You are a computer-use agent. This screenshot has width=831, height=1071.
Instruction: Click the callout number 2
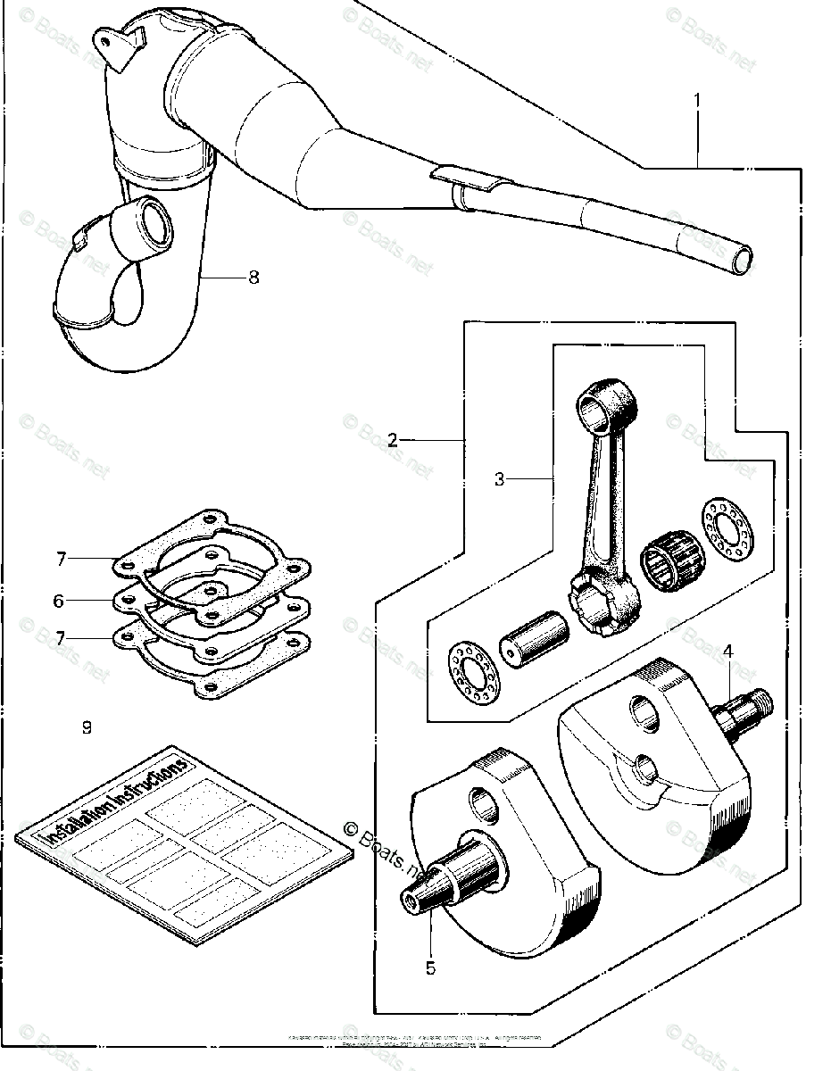pyautogui.click(x=393, y=440)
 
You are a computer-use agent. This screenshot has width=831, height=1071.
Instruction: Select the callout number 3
pyautogui.click(x=500, y=479)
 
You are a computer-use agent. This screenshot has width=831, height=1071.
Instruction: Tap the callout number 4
pyautogui.click(x=728, y=652)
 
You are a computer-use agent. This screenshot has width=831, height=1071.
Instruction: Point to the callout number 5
pyautogui.click(x=431, y=967)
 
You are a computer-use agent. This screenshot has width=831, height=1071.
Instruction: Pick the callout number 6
pyautogui.click(x=60, y=602)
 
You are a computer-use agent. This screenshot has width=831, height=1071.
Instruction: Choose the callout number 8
pyautogui.click(x=253, y=278)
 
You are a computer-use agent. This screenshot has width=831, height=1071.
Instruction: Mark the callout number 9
pyautogui.click(x=87, y=727)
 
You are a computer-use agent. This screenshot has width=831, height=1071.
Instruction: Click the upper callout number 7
pyautogui.click(x=61, y=560)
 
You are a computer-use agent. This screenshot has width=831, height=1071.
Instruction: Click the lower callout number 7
pyautogui.click(x=61, y=638)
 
